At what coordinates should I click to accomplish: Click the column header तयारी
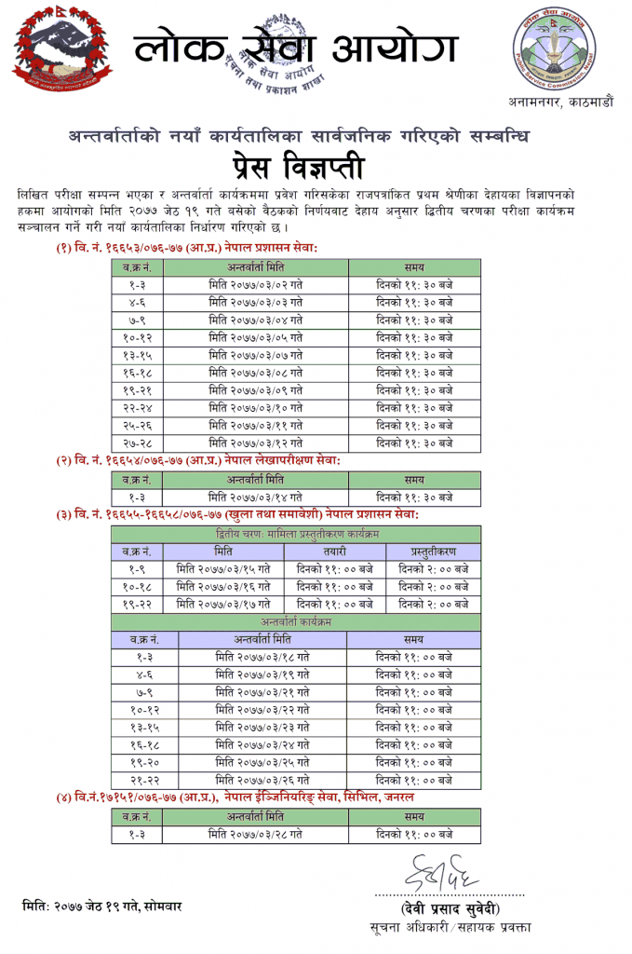(x=335, y=551)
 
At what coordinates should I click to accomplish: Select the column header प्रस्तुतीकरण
(x=433, y=551)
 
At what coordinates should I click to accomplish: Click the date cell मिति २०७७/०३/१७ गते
(x=223, y=604)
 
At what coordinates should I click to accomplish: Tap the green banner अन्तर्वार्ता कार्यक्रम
(x=296, y=621)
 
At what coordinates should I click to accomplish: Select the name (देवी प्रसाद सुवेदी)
(x=450, y=908)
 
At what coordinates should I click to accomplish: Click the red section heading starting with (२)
(x=197, y=461)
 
